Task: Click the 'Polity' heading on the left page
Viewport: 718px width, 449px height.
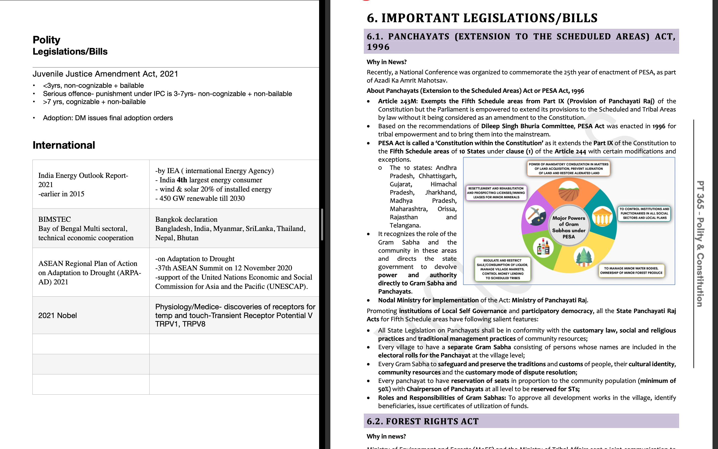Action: (46, 40)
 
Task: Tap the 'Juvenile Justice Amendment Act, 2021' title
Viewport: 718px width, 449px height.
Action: (105, 74)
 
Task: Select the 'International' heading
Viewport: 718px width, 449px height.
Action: (64, 145)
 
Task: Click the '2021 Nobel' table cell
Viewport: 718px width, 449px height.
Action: (58, 315)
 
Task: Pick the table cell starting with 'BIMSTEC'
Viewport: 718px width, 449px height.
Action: (86, 228)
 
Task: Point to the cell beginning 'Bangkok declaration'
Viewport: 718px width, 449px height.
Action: (230, 228)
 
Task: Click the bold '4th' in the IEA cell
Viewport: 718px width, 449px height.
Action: (182, 180)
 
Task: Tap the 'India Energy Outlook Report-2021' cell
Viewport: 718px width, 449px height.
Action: (83, 184)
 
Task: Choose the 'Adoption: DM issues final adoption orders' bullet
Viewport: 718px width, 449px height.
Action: (108, 118)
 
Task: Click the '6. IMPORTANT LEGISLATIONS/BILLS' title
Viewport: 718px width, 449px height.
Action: (482, 18)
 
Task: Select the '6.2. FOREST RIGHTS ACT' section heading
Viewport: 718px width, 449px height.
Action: (423, 421)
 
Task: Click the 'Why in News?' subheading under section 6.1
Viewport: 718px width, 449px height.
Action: (387, 62)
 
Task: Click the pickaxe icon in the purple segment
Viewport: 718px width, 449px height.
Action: (536, 215)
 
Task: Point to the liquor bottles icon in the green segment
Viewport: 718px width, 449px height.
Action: (543, 247)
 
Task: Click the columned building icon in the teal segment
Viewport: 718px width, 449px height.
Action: (602, 217)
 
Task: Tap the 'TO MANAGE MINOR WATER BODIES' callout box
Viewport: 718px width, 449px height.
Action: (631, 271)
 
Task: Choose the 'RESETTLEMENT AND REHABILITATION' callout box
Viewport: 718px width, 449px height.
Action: (496, 193)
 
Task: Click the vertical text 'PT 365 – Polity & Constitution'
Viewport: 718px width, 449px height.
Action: (700, 243)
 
